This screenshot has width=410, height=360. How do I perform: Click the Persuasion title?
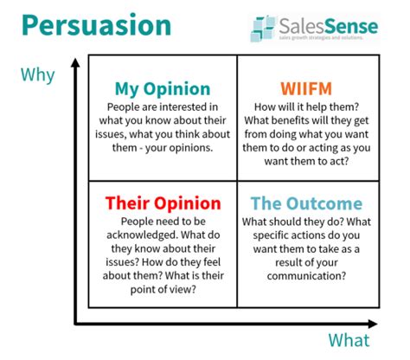(97, 25)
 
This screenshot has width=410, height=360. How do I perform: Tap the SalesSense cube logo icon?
(263, 29)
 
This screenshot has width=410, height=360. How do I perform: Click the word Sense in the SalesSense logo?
(351, 26)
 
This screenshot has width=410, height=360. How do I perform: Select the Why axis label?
(38, 75)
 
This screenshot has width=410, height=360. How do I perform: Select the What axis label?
(349, 340)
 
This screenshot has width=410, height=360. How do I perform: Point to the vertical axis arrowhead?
(75, 63)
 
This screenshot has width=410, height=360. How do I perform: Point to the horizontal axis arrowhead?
(373, 324)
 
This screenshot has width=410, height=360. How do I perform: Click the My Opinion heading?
(163, 88)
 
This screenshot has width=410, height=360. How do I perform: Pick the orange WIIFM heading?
(306, 88)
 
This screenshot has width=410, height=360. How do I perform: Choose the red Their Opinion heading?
(163, 203)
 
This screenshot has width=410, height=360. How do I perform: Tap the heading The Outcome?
(306, 203)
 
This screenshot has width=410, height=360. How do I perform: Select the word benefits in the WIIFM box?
(280, 120)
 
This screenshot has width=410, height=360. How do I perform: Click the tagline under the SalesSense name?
(321, 37)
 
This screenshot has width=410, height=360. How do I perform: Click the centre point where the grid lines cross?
(237, 181)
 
